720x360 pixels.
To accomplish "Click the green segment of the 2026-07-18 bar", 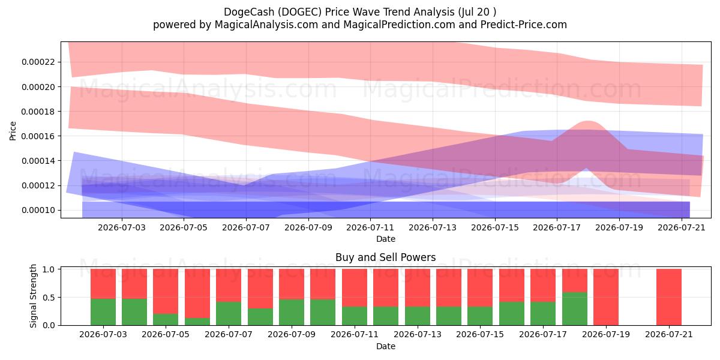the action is (575, 308).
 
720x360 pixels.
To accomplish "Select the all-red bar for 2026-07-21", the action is (669, 297).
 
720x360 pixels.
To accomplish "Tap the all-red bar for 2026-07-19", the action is (606, 297).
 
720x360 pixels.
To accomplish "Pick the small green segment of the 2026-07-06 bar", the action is (197, 322).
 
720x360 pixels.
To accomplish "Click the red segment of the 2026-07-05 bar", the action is (166, 291).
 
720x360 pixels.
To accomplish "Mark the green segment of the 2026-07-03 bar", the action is (103, 312).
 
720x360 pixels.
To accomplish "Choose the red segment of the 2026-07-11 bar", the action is (355, 287).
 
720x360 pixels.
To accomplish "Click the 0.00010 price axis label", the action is (38, 210).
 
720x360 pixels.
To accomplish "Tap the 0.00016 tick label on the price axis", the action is (38, 136).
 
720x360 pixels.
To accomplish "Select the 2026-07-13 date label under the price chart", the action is (433, 227).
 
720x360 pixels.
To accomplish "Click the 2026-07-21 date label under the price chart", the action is (682, 227).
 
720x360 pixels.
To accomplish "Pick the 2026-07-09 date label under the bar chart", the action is (292, 334).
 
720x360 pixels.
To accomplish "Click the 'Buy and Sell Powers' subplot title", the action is (386, 257).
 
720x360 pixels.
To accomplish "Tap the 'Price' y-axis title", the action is (13, 131).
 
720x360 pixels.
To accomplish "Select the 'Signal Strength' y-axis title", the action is (33, 296).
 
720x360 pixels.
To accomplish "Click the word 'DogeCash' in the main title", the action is (249, 12).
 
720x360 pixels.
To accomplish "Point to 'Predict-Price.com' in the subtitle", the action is (524, 25).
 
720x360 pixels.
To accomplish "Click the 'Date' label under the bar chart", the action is (386, 346).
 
